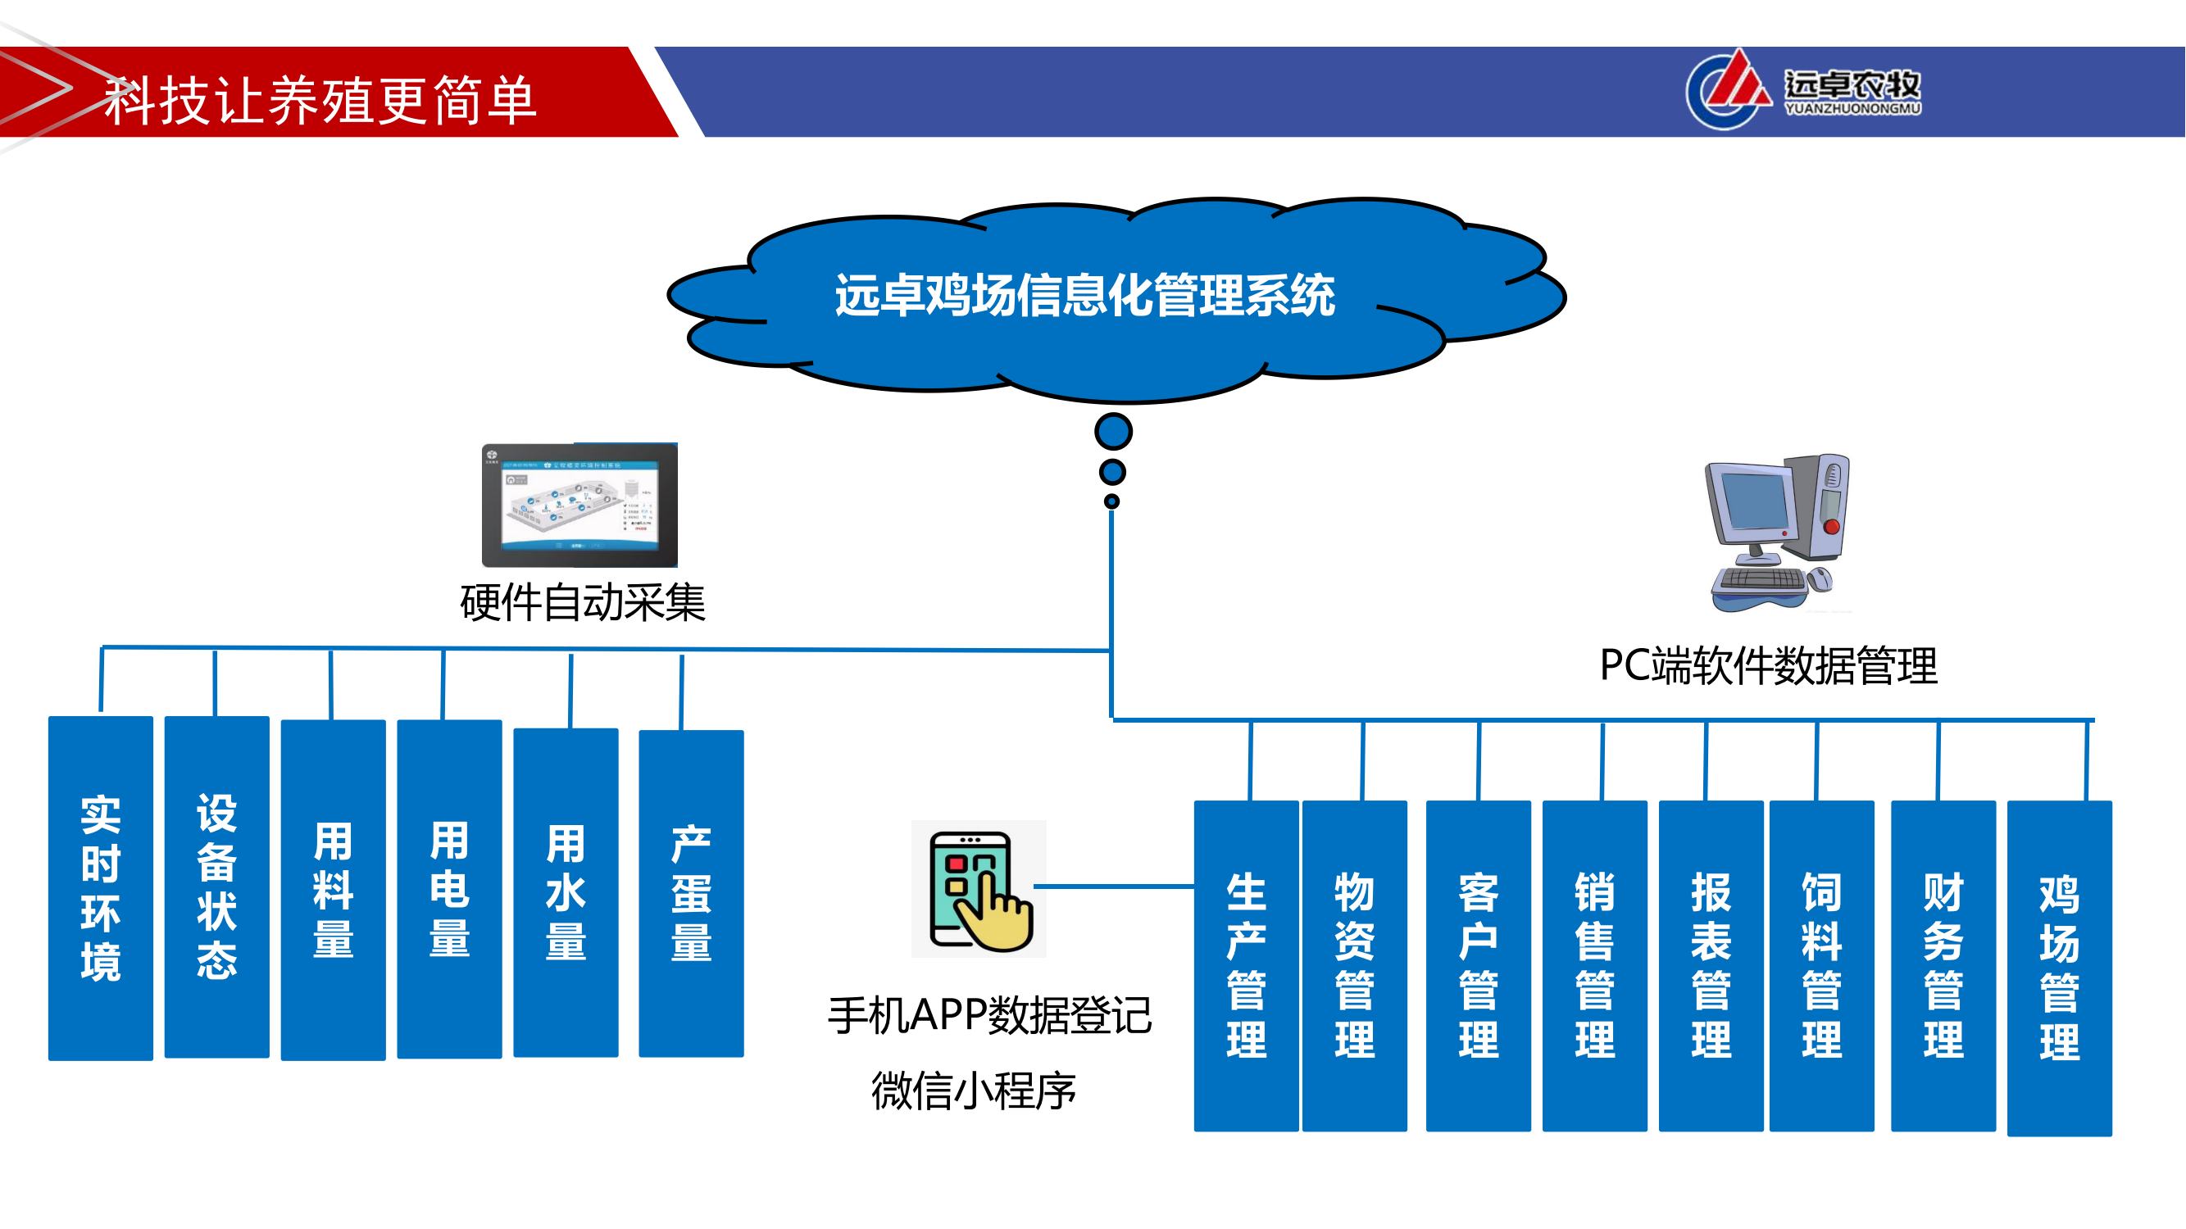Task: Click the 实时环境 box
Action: point(100,888)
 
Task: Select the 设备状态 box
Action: point(216,887)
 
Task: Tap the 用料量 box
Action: point(333,890)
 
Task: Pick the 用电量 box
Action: point(449,889)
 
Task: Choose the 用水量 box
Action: point(566,891)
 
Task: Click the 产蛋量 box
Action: point(691,893)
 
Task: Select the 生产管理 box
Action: point(1246,965)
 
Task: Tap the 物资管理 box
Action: point(1354,965)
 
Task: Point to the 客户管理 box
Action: point(1479,965)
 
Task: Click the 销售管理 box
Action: point(1594,965)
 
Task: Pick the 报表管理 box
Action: point(1711,965)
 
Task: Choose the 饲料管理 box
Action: point(1821,965)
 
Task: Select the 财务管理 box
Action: point(1943,965)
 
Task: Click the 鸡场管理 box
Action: point(2060,968)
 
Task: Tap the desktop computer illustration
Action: point(1777,533)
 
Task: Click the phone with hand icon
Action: point(979,889)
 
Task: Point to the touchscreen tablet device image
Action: point(579,505)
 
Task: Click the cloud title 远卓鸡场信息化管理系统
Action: point(1084,296)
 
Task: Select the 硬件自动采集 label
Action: point(582,603)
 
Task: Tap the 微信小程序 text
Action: point(974,1091)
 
